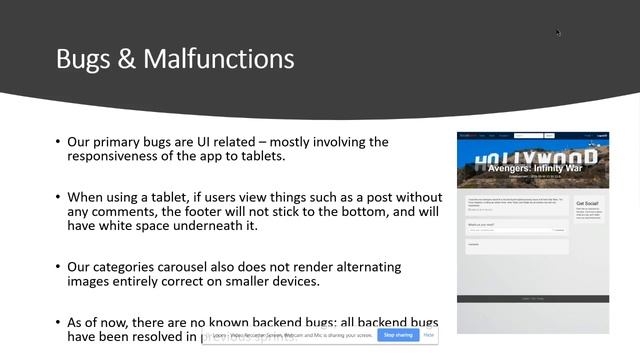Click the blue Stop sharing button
point(398,335)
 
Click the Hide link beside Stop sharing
point(429,335)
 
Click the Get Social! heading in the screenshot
point(588,204)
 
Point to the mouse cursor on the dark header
point(558,32)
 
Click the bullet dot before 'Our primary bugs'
point(58,142)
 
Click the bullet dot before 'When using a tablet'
point(58,196)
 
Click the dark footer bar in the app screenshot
point(532,298)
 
